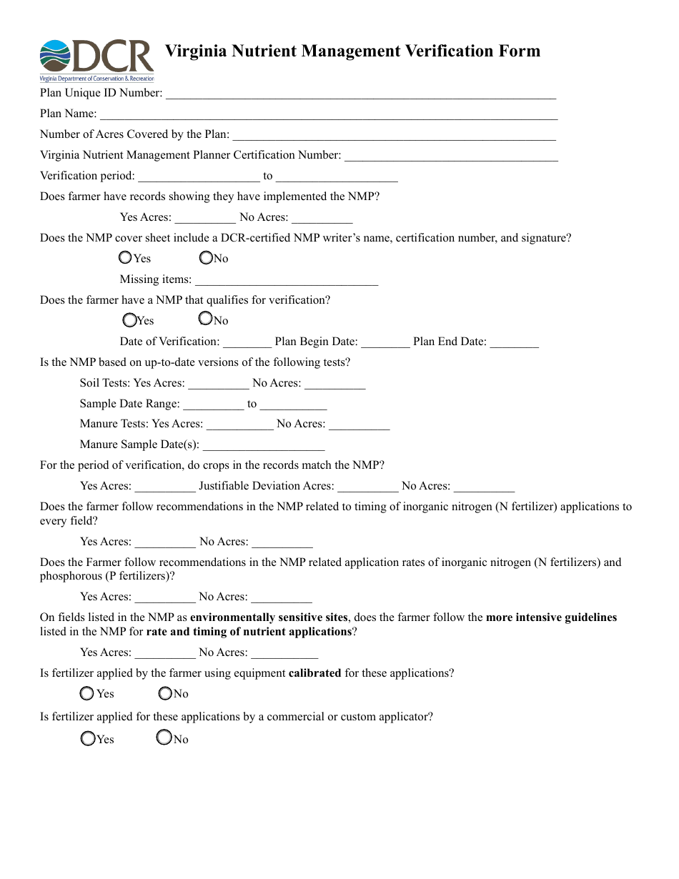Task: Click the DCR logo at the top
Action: (x=96, y=61)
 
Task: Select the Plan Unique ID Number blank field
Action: (x=360, y=93)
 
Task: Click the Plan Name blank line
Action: (x=328, y=114)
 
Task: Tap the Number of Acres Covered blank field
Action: (x=394, y=134)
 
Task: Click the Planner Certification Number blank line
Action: (x=451, y=155)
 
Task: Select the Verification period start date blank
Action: (x=199, y=176)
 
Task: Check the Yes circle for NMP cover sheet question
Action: (x=125, y=257)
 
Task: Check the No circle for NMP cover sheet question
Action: (x=206, y=257)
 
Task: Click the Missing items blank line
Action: (x=286, y=279)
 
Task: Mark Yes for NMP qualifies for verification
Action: (x=129, y=319)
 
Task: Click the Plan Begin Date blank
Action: (x=386, y=342)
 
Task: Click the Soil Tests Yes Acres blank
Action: (x=219, y=384)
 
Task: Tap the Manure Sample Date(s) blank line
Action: (x=264, y=445)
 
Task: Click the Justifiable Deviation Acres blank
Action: (x=367, y=487)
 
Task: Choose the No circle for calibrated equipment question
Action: (x=165, y=693)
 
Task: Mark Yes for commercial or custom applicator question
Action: (x=88, y=739)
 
